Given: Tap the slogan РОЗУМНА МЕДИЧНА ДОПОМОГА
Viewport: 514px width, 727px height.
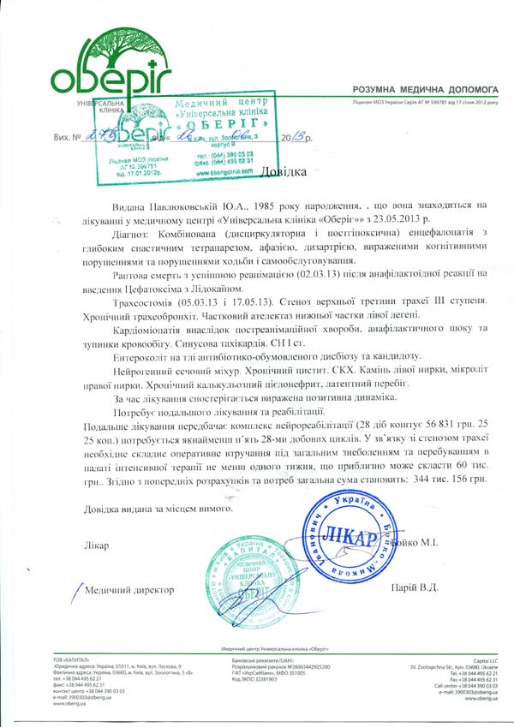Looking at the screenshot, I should tap(423, 88).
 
